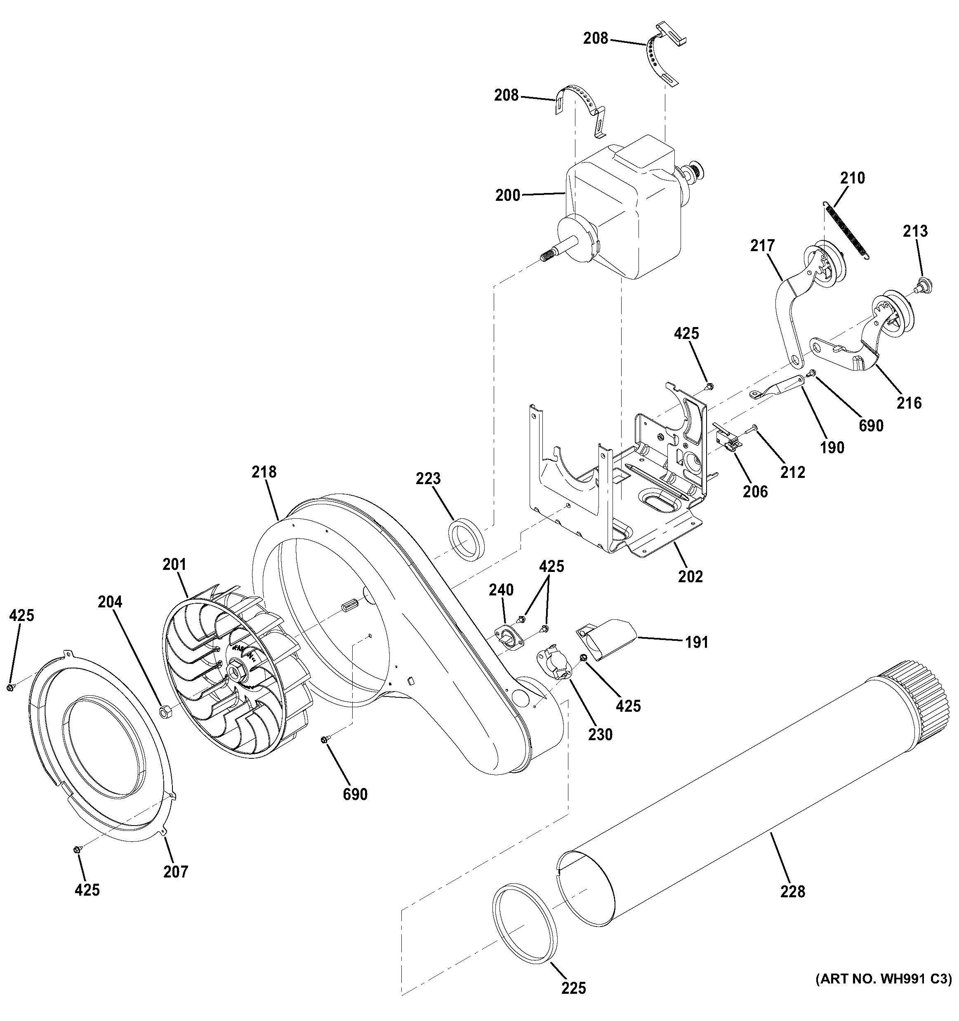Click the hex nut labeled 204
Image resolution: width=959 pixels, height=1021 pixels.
[x=165, y=712]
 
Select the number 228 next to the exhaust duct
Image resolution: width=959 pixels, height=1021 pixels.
[x=793, y=892]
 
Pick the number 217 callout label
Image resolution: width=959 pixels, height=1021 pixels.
[x=762, y=246]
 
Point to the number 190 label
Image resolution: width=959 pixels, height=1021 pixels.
[x=832, y=448]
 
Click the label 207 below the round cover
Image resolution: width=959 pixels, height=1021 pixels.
[x=176, y=872]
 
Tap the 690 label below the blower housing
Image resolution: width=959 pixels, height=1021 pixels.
[x=355, y=795]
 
